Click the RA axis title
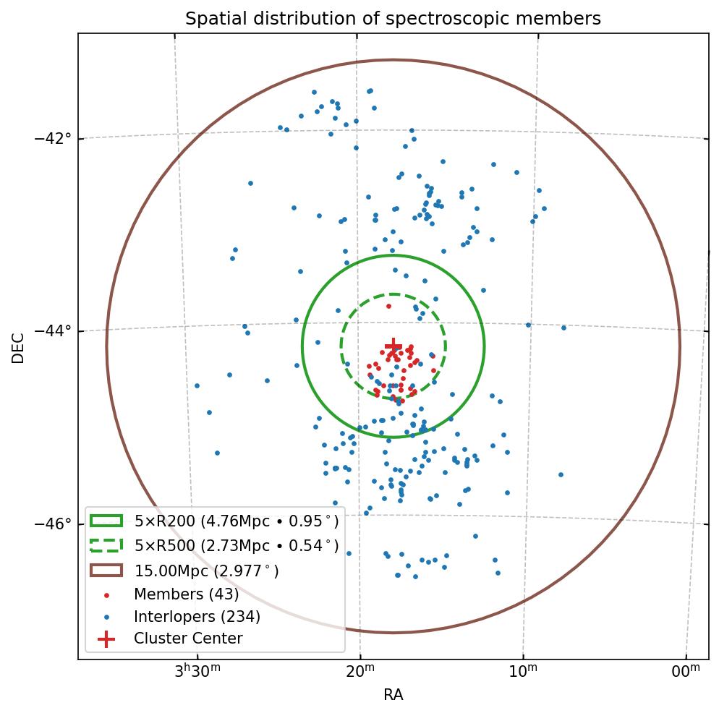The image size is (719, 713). (x=393, y=695)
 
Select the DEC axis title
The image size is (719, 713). (x=18, y=347)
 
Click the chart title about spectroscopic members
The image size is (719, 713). (x=393, y=19)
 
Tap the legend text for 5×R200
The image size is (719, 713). (x=237, y=521)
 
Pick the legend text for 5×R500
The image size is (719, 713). (x=237, y=546)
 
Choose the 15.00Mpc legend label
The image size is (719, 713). (x=207, y=571)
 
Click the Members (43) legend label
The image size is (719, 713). (x=186, y=594)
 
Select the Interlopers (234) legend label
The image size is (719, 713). (x=197, y=617)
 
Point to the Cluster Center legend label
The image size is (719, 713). (x=188, y=639)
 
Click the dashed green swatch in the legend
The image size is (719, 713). (x=106, y=545)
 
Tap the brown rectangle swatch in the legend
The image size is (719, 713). (x=106, y=571)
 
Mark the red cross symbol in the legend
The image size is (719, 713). (x=106, y=639)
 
